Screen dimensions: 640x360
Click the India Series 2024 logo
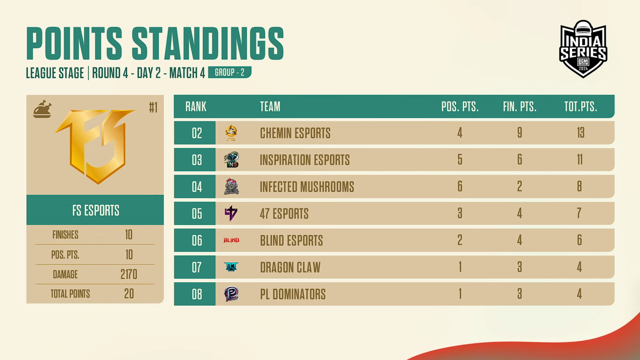pos(583,49)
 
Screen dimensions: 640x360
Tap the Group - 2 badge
pos(230,72)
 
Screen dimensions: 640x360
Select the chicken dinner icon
pos(42,109)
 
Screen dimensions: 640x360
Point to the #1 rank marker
pos(153,107)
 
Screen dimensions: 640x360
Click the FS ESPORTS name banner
pos(95,210)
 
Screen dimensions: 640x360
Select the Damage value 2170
pos(129,274)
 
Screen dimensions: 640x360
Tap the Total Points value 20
pos(129,294)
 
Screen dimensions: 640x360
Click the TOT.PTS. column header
pos(581,107)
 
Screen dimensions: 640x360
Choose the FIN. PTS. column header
pos(520,107)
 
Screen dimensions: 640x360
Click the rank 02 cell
pos(195,133)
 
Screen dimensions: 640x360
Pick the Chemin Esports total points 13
pos(581,133)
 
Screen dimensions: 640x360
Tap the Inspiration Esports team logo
pos(231,159)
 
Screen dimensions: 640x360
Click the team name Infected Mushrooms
pos(307,187)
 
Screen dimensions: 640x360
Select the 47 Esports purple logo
pos(231,213)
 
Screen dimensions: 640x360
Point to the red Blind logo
pos(231,240)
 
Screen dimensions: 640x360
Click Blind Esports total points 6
pos(580,240)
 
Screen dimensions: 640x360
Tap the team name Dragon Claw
pos(290,267)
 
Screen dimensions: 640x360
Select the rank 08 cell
pos(195,294)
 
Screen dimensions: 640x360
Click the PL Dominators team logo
pos(231,294)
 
